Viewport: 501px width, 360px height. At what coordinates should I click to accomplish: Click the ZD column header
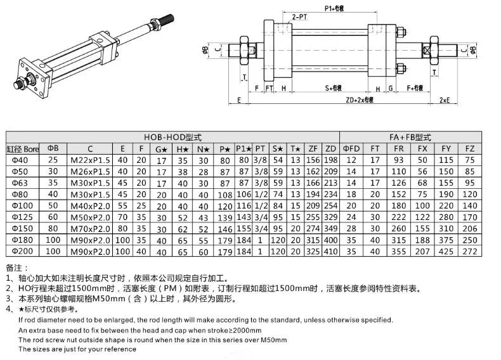(x=330, y=148)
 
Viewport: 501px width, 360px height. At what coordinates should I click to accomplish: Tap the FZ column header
(x=470, y=148)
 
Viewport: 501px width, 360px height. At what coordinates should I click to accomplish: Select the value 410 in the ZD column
(x=330, y=252)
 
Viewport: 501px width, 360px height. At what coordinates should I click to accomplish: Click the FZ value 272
(x=470, y=252)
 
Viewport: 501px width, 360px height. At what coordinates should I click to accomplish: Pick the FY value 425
(x=446, y=252)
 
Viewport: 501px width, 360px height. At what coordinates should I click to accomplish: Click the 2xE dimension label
(x=445, y=100)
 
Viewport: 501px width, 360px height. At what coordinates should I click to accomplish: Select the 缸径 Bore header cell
(x=23, y=148)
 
